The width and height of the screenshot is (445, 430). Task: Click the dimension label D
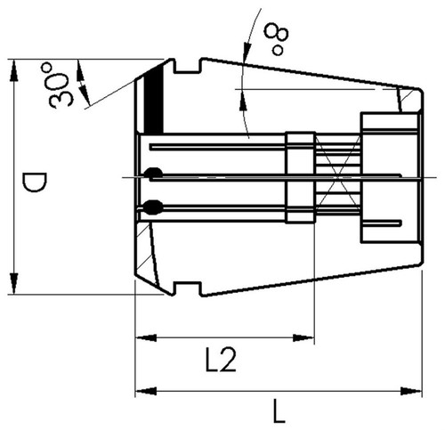tap(36, 183)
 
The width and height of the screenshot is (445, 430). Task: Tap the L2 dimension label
tap(222, 360)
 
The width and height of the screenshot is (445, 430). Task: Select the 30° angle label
tap(59, 85)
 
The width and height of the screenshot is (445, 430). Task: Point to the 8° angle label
tap(278, 41)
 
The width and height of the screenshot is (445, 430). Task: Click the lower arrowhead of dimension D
tap(13, 283)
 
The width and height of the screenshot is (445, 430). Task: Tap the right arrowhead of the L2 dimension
tap(303, 337)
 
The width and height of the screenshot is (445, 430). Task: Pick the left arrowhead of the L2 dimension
tap(146, 337)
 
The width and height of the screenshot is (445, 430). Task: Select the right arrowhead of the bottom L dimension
tap(411, 391)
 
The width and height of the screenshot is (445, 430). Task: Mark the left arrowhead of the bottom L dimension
tap(146, 391)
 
